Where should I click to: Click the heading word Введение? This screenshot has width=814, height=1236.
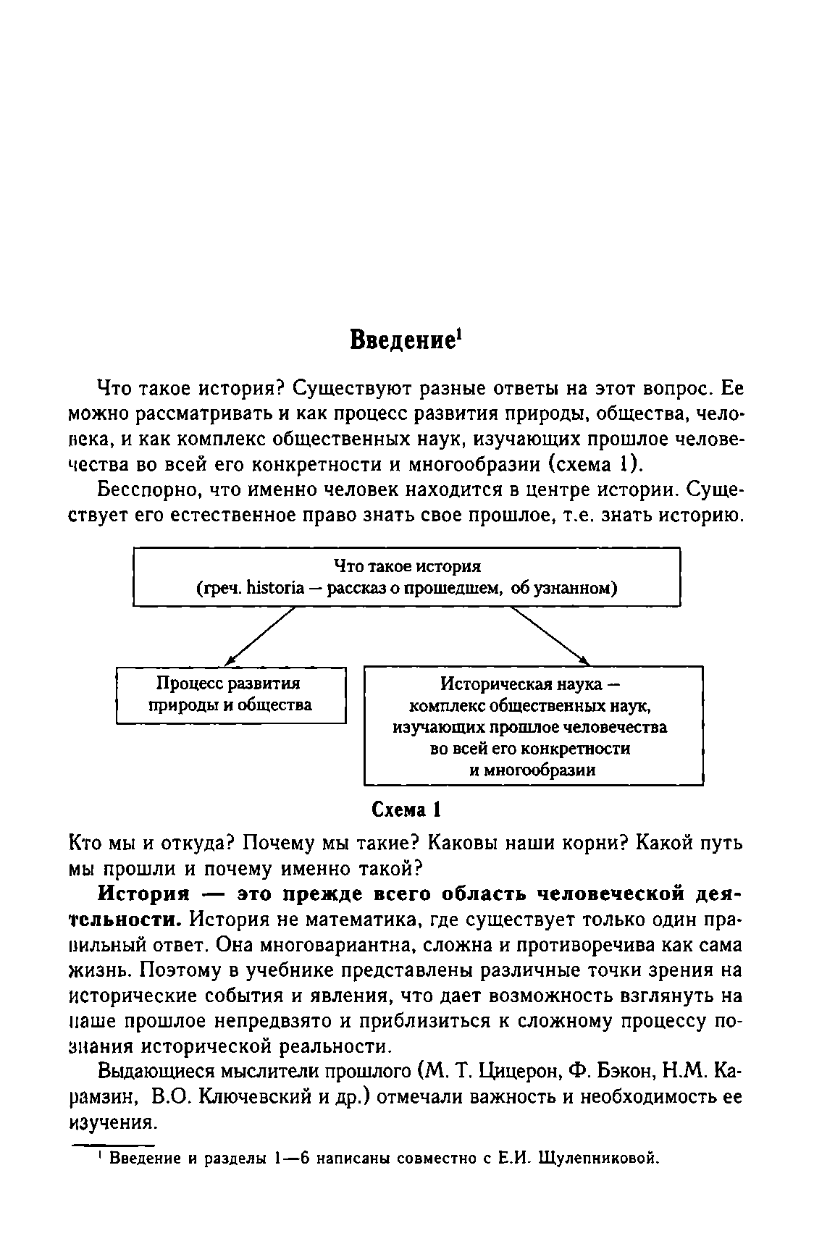pos(400,340)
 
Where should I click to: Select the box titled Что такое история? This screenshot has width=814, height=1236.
pos(406,576)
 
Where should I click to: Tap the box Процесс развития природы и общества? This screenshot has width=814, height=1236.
pos(230,694)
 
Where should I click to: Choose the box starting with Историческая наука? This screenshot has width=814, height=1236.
pos(533,726)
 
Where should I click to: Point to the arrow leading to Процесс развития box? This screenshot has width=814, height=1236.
pos(262,635)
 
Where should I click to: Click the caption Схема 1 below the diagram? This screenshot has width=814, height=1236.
pos(406,810)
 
